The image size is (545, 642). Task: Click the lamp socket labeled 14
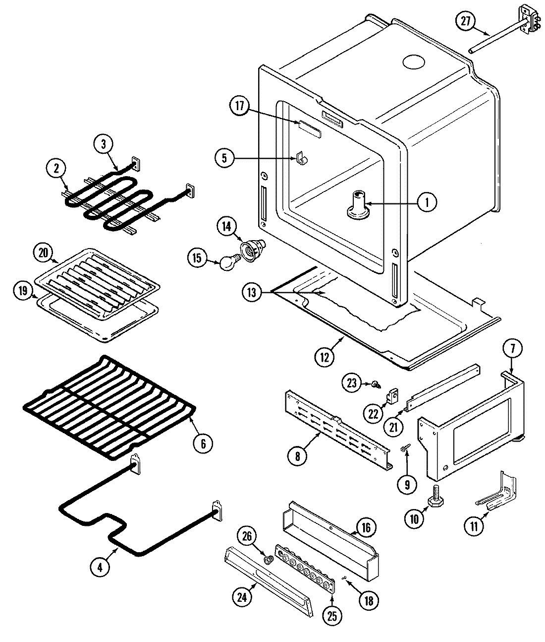pos(252,248)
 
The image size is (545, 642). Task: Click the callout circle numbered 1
pos(427,202)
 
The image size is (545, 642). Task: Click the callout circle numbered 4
pos(101,567)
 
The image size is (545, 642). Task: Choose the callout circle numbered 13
pos(252,293)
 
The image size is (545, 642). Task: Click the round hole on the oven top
pos(414,62)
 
